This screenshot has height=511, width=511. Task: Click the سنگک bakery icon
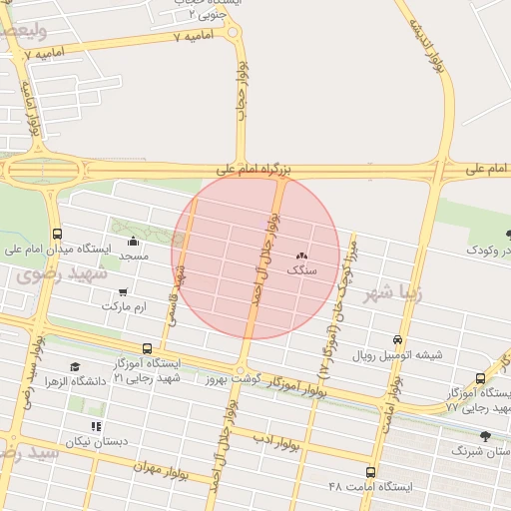click(x=301, y=256)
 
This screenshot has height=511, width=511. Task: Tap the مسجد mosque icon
click(x=134, y=241)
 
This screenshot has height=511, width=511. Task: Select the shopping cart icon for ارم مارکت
click(x=122, y=292)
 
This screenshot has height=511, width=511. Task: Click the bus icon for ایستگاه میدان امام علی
click(x=56, y=234)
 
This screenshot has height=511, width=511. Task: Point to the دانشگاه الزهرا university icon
click(x=74, y=367)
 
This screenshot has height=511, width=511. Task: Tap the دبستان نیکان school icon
click(x=96, y=427)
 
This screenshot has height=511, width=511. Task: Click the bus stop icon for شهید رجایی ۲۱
click(x=148, y=348)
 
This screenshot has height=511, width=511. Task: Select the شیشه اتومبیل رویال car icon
click(x=397, y=340)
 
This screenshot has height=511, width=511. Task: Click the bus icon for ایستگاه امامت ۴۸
click(x=371, y=472)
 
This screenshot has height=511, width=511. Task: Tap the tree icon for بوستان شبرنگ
click(x=486, y=436)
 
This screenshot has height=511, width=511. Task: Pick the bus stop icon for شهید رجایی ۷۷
click(x=480, y=378)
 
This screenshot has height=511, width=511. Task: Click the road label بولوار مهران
click(x=160, y=466)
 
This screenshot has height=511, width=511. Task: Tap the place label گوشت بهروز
click(x=232, y=379)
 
